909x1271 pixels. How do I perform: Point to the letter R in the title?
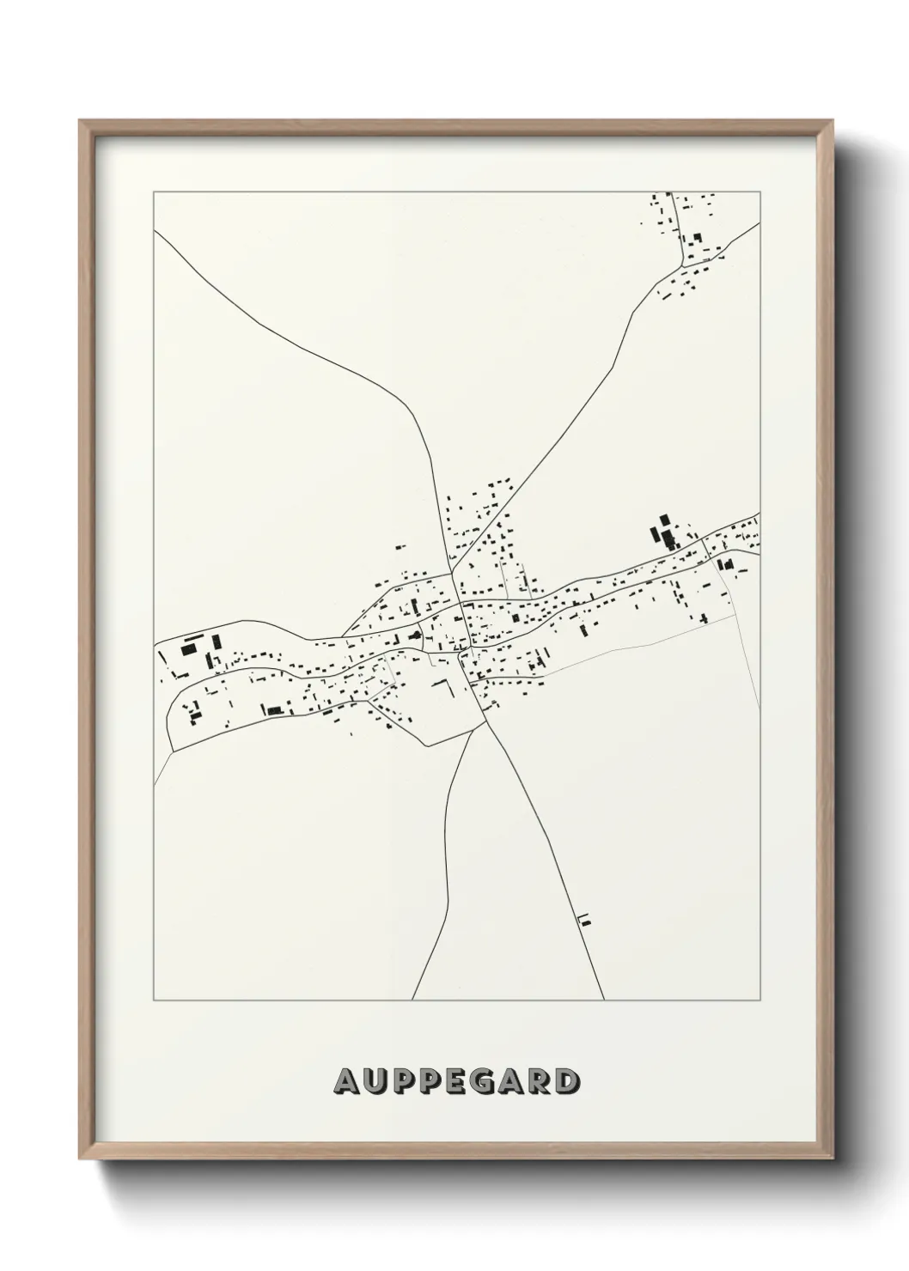(x=541, y=1082)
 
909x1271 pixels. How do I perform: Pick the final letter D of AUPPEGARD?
(x=566, y=1082)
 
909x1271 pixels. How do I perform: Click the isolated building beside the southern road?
(x=586, y=920)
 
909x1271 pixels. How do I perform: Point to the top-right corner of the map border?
(x=760, y=192)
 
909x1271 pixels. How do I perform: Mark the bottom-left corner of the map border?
(x=154, y=1000)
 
